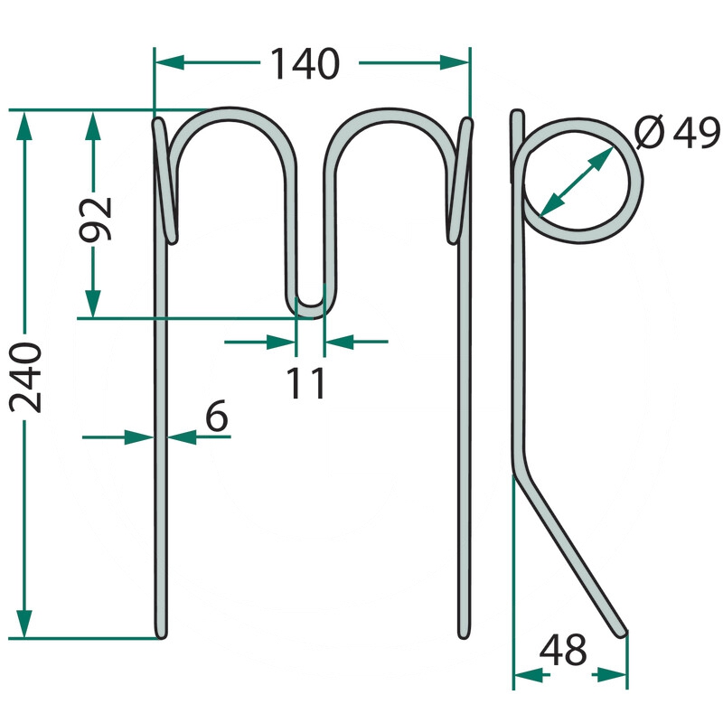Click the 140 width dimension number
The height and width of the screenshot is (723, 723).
[x=305, y=63]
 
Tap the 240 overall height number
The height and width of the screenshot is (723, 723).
[x=26, y=377]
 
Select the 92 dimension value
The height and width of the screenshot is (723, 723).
[x=96, y=220]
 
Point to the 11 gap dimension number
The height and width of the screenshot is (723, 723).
[x=305, y=382]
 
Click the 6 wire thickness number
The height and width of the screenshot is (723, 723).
[x=216, y=416]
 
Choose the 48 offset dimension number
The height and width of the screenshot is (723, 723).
[x=563, y=650]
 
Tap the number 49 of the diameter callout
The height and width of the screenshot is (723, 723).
[x=696, y=132]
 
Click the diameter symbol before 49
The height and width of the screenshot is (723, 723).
[x=650, y=132]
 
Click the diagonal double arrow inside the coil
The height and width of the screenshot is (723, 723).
[x=577, y=182]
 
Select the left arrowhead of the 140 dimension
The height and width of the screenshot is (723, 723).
[x=169, y=62]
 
